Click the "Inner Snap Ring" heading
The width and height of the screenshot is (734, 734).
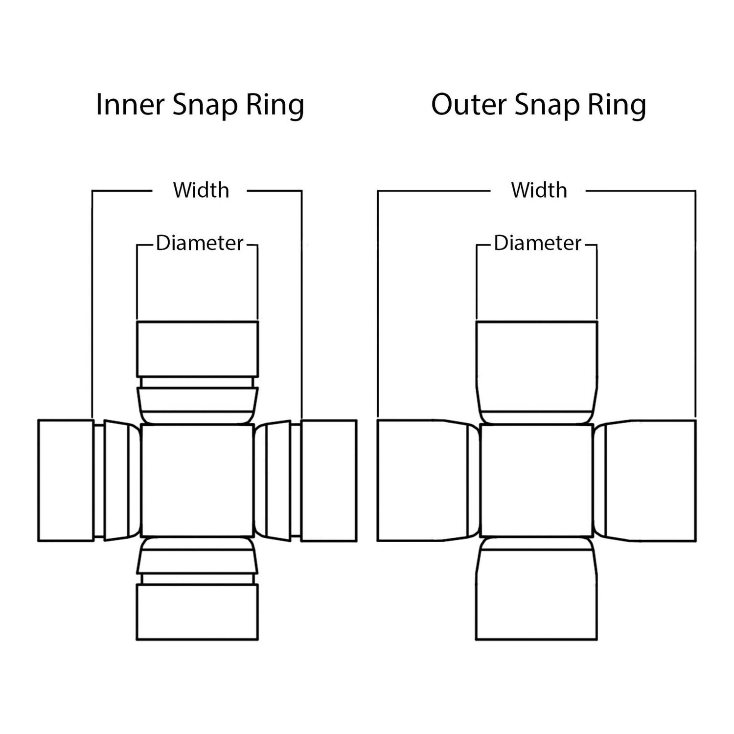pyautogui.click(x=200, y=105)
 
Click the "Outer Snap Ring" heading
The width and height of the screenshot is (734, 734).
pyautogui.click(x=538, y=105)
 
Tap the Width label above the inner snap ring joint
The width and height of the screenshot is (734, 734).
pyautogui.click(x=201, y=190)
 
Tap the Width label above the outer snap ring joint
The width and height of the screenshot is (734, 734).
pyautogui.click(x=539, y=190)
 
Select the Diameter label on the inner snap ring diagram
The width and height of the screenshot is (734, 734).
pyautogui.click(x=199, y=243)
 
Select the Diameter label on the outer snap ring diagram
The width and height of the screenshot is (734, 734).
pyautogui.click(x=537, y=243)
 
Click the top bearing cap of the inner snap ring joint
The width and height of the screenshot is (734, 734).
pyautogui.click(x=197, y=348)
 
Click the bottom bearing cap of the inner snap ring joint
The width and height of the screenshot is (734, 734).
pyautogui.click(x=197, y=612)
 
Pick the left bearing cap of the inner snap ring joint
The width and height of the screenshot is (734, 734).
pyautogui.click(x=66, y=480)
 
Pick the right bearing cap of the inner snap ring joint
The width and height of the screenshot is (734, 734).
pyautogui.click(x=328, y=480)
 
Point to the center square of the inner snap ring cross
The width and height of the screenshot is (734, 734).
pyautogui.click(x=197, y=480)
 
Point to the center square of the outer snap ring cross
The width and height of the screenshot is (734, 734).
pyautogui.click(x=537, y=480)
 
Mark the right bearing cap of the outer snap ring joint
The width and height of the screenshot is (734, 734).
pyautogui.click(x=645, y=480)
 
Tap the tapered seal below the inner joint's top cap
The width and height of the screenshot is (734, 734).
pyautogui.click(x=197, y=405)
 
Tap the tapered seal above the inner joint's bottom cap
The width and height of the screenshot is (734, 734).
pyautogui.click(x=197, y=555)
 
